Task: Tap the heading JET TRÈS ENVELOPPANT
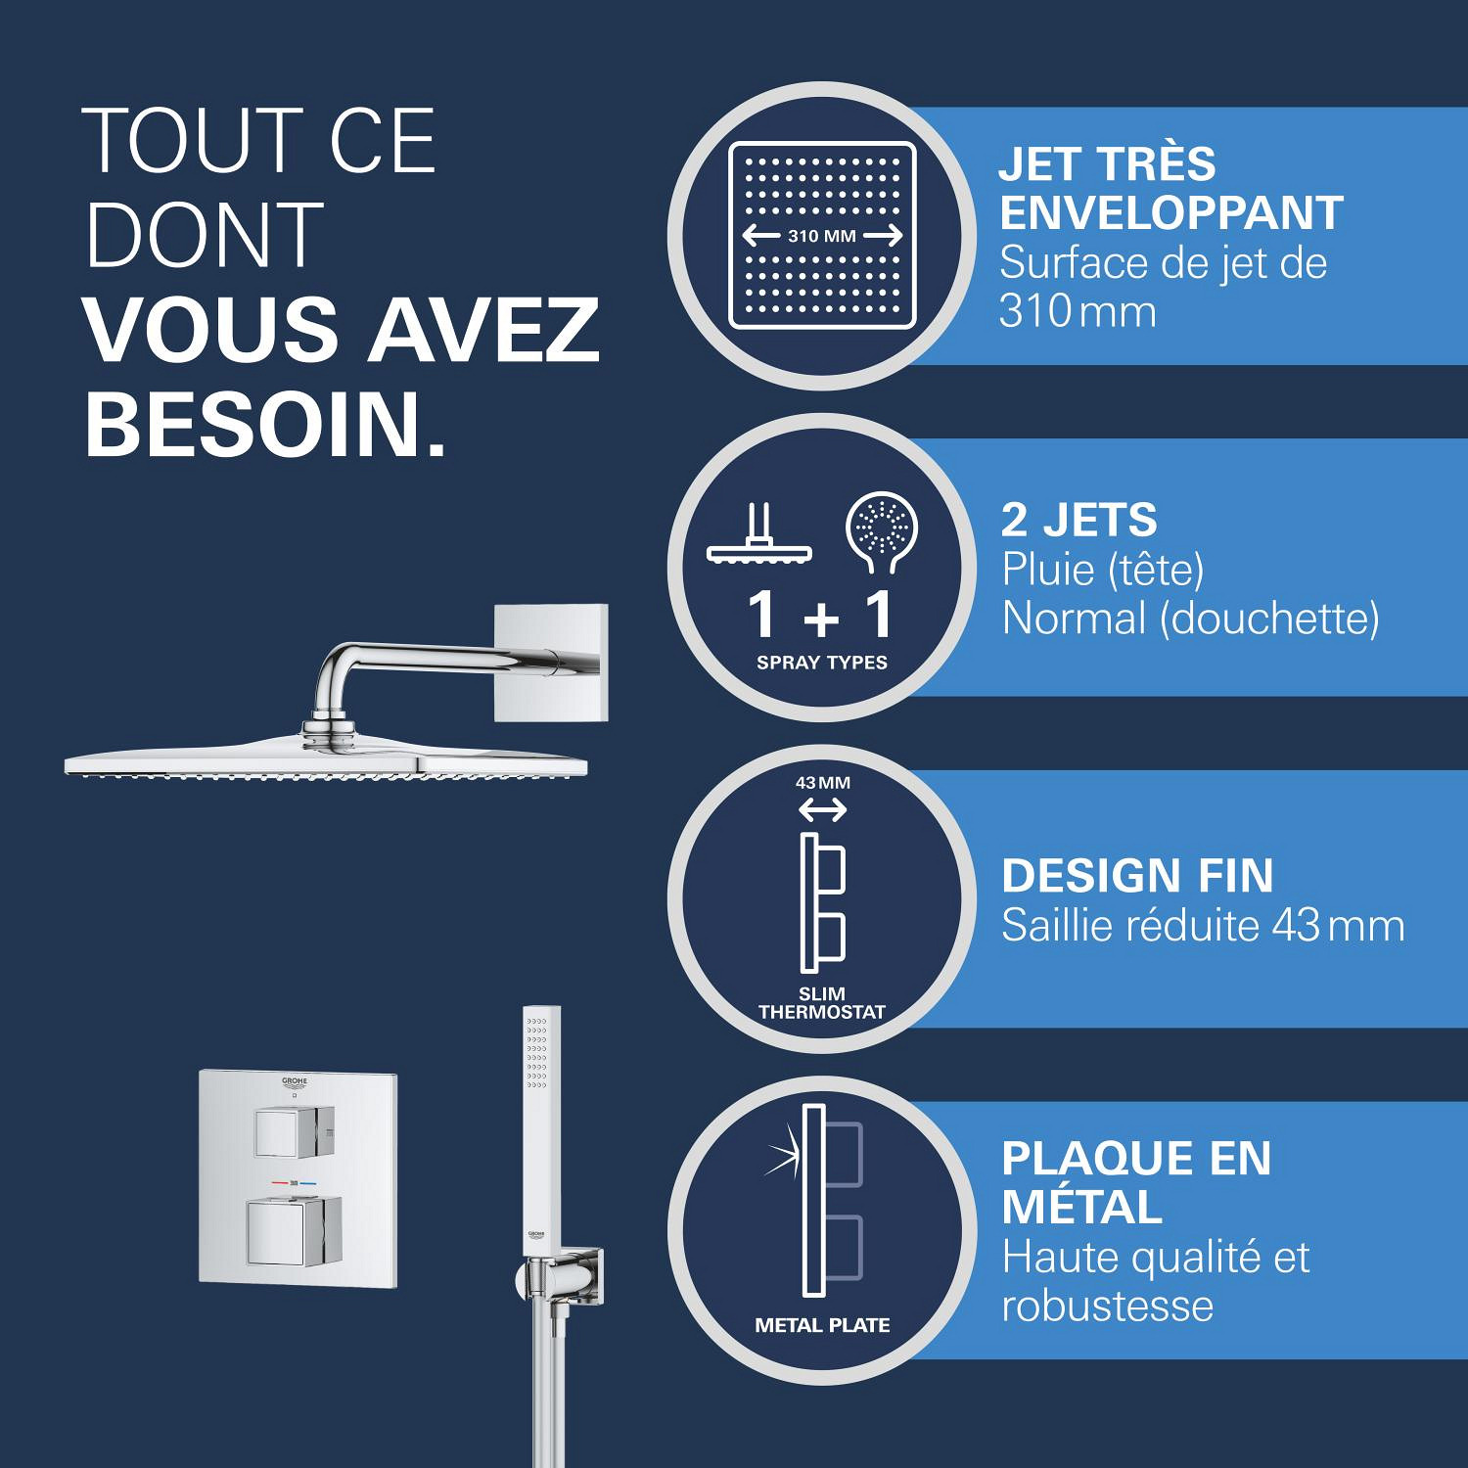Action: point(1170,188)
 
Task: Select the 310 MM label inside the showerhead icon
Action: point(822,236)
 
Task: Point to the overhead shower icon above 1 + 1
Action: point(760,534)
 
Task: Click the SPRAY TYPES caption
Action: point(822,663)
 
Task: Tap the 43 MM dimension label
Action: point(823,783)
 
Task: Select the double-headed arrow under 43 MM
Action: point(823,810)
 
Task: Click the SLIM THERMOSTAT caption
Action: point(822,1003)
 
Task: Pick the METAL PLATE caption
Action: point(822,1325)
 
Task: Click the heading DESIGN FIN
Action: point(1137,876)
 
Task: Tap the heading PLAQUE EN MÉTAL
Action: point(1136,1182)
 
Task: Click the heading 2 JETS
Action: point(1078,520)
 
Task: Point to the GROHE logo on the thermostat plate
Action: point(295,1082)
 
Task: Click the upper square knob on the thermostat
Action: point(295,1132)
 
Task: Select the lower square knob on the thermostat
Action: point(294,1232)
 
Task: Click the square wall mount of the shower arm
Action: point(551,664)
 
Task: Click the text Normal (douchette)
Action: point(1190,619)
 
